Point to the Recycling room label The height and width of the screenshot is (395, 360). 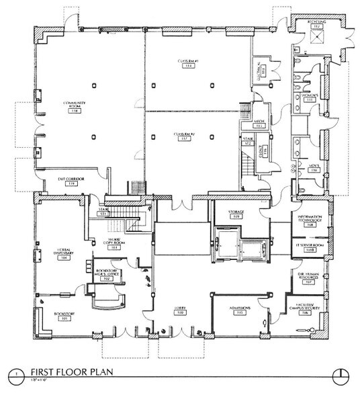tap(318, 22)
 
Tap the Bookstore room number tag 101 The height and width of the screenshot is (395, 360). tap(64, 320)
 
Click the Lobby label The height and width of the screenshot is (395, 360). tap(179, 310)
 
